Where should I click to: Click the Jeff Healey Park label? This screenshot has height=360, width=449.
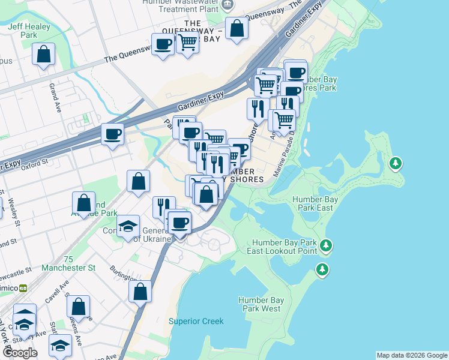[23, 31]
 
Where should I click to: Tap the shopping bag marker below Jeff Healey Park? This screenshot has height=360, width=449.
[44, 55]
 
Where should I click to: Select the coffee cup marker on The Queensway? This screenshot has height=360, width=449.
[163, 44]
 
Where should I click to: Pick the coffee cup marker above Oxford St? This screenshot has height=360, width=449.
[112, 134]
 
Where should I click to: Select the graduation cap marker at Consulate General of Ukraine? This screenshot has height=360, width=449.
[128, 226]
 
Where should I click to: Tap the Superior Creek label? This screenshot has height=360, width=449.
[196, 321]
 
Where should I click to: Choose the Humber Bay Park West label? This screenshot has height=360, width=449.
[259, 304]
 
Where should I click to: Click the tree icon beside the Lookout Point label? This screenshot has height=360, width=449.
[326, 245]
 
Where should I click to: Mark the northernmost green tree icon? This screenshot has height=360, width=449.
[395, 163]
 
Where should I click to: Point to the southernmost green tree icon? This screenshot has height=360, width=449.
[323, 269]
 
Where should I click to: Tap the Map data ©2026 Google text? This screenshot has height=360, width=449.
[411, 355]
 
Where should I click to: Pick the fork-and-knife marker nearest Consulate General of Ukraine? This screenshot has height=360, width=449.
[163, 207]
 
